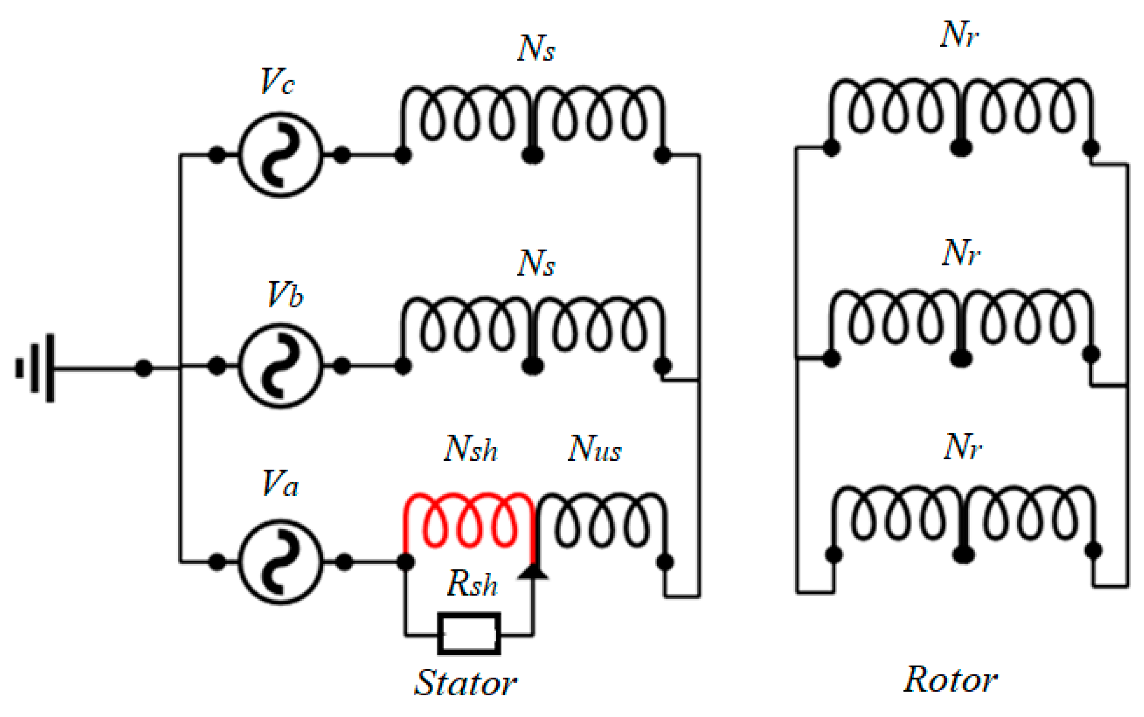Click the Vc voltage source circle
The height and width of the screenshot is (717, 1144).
click(x=280, y=155)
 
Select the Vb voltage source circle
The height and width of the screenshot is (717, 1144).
click(x=280, y=366)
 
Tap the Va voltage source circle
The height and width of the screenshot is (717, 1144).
click(x=280, y=562)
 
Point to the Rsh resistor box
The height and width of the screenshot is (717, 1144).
click(x=469, y=634)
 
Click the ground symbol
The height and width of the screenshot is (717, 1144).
click(x=36, y=368)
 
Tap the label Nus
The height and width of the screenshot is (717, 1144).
click(x=595, y=449)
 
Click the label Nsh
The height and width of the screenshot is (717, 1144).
click(x=471, y=449)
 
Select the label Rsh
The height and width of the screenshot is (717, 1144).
click(x=472, y=584)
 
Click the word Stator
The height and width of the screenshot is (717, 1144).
click(x=465, y=682)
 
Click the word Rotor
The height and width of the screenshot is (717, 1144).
click(x=950, y=679)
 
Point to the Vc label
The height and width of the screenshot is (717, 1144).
click(x=278, y=81)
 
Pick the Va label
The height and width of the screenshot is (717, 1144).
click(x=280, y=483)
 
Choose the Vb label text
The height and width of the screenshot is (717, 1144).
click(x=285, y=294)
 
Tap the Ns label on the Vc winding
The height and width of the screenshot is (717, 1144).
click(x=536, y=49)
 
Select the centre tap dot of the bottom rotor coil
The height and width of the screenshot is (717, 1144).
click(x=963, y=555)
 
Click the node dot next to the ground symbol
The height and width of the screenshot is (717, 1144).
click(x=144, y=368)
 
